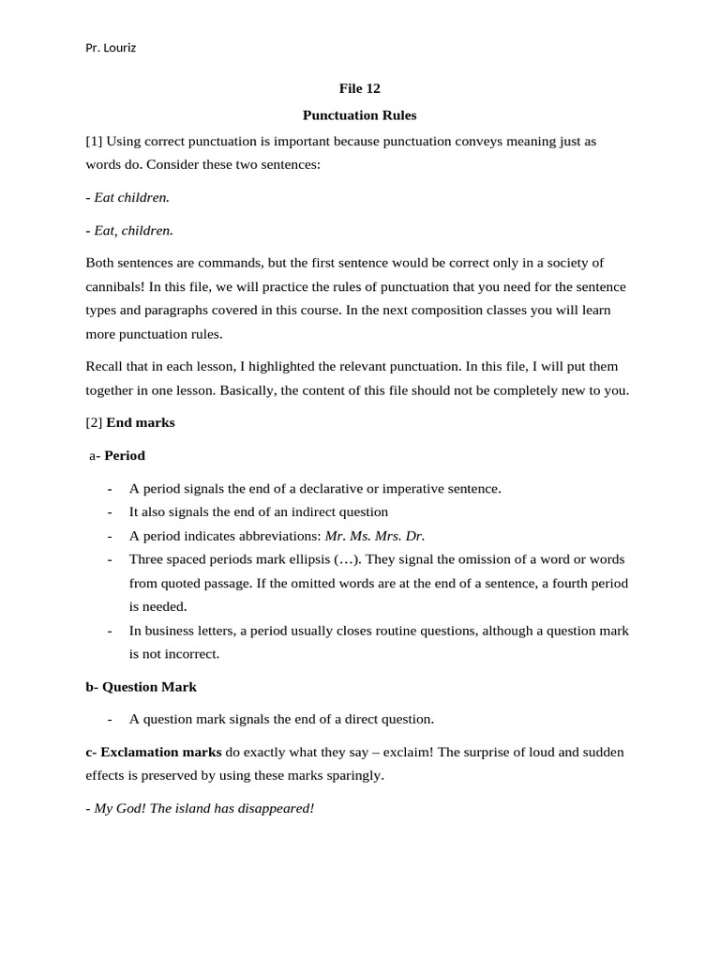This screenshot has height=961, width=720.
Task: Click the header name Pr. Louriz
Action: tap(111, 48)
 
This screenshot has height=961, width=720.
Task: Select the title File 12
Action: tap(359, 89)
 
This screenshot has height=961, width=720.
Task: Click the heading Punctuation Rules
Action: tap(359, 115)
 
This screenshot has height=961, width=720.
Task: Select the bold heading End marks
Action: tap(141, 423)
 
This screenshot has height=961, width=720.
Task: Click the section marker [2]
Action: tap(94, 423)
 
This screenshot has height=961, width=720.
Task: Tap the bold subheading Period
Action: tap(125, 456)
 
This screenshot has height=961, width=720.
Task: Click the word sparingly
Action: tap(351, 776)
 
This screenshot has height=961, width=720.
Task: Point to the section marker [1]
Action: tap(94, 142)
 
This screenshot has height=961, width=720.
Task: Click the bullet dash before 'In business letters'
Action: tap(111, 631)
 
